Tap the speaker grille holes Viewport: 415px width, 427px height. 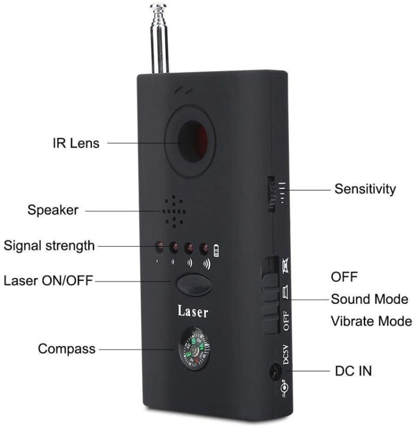pos(173,211)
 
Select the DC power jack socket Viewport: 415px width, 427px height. pos(273,373)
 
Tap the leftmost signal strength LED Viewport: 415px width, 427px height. pos(159,247)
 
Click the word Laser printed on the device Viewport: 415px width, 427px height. pos(193,311)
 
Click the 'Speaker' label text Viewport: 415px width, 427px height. pos(53,210)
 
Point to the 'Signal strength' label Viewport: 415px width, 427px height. pos(49,245)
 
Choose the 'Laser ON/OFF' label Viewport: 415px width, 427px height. pos(48,280)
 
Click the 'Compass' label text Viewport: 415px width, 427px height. pos(66,349)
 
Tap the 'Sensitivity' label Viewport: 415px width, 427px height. pos(365,189)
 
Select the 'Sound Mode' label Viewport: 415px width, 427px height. pos(369,299)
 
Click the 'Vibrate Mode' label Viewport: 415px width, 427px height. pos(371,321)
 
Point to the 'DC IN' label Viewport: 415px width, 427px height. pos(354,371)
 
